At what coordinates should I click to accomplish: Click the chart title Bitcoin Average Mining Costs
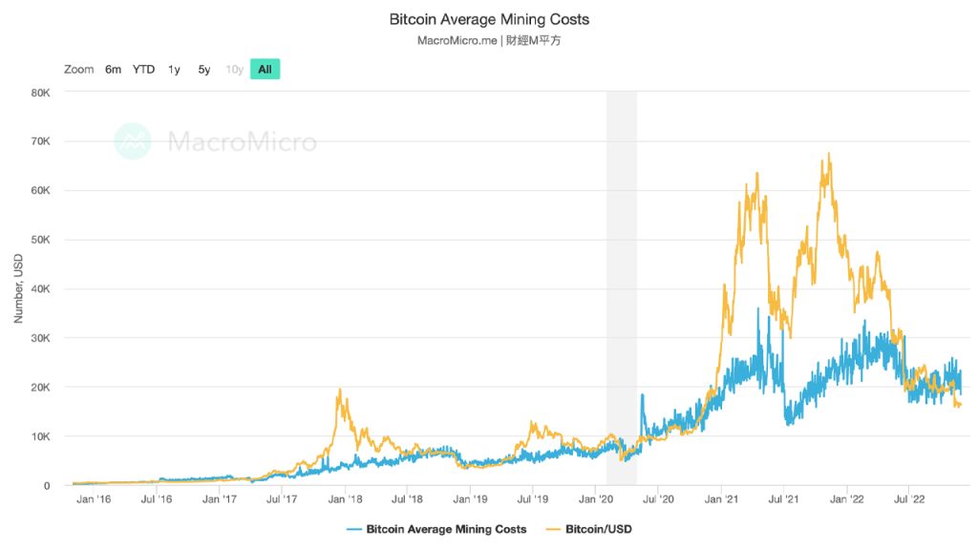pyautogui.click(x=489, y=19)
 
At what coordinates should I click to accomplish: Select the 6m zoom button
pyautogui.click(x=113, y=69)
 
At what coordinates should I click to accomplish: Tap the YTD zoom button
pyautogui.click(x=143, y=69)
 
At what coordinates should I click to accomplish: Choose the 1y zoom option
pyautogui.click(x=174, y=69)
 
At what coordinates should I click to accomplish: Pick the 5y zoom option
pyautogui.click(x=204, y=69)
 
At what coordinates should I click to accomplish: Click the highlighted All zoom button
pyautogui.click(x=265, y=69)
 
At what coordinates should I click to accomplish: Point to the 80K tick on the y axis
pyautogui.click(x=40, y=93)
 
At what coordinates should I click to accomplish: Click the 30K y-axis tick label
pyautogui.click(x=40, y=338)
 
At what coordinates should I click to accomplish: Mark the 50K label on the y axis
pyautogui.click(x=40, y=240)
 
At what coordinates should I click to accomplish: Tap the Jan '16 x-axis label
pyautogui.click(x=93, y=498)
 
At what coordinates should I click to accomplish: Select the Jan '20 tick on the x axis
pyautogui.click(x=596, y=498)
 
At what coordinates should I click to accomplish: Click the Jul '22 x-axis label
pyautogui.click(x=908, y=498)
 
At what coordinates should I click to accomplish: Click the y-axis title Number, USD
pyautogui.click(x=18, y=288)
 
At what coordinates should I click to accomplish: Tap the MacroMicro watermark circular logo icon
pyautogui.click(x=133, y=141)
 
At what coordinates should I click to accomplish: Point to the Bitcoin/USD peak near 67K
pyautogui.click(x=828, y=154)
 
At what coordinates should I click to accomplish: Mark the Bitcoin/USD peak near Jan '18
pyautogui.click(x=339, y=391)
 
